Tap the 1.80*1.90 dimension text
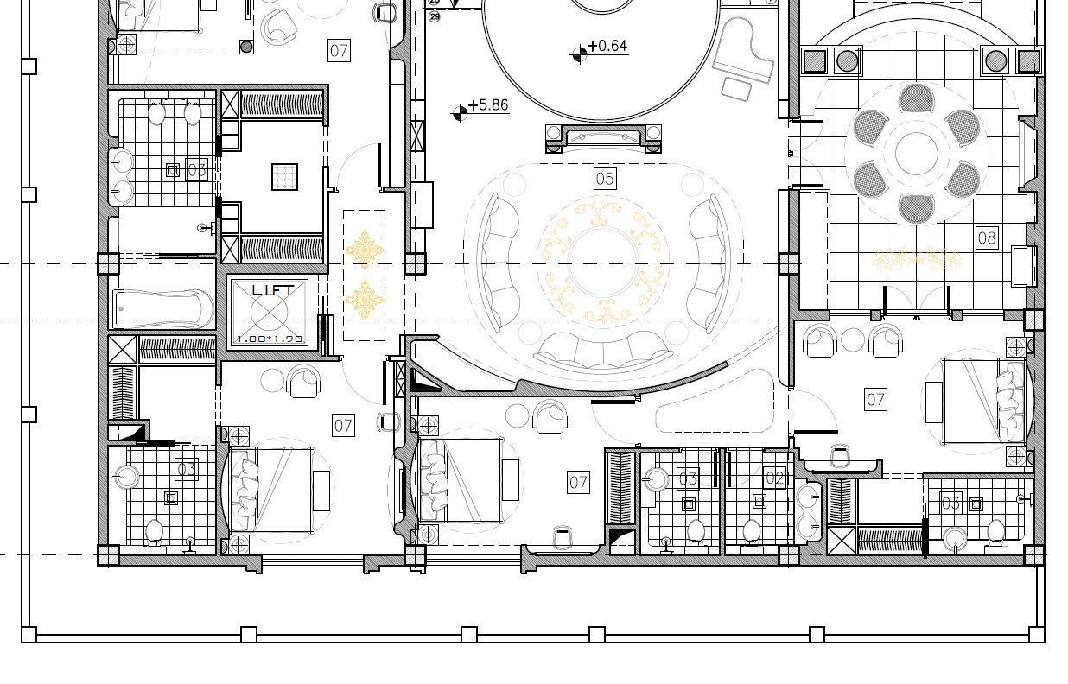[x=270, y=339]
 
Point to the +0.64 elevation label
[x=608, y=47]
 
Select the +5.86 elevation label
[x=488, y=105]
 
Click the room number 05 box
[x=605, y=179]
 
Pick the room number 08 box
[x=986, y=237]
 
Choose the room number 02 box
[x=774, y=478]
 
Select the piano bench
[x=737, y=88]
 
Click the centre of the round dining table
[x=917, y=154]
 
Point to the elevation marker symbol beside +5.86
[x=460, y=112]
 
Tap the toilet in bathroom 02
[x=751, y=529]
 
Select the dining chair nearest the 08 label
[x=962, y=179]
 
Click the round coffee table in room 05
[x=603, y=263]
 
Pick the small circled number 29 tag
[x=434, y=16]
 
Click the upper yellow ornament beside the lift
[x=365, y=250]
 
